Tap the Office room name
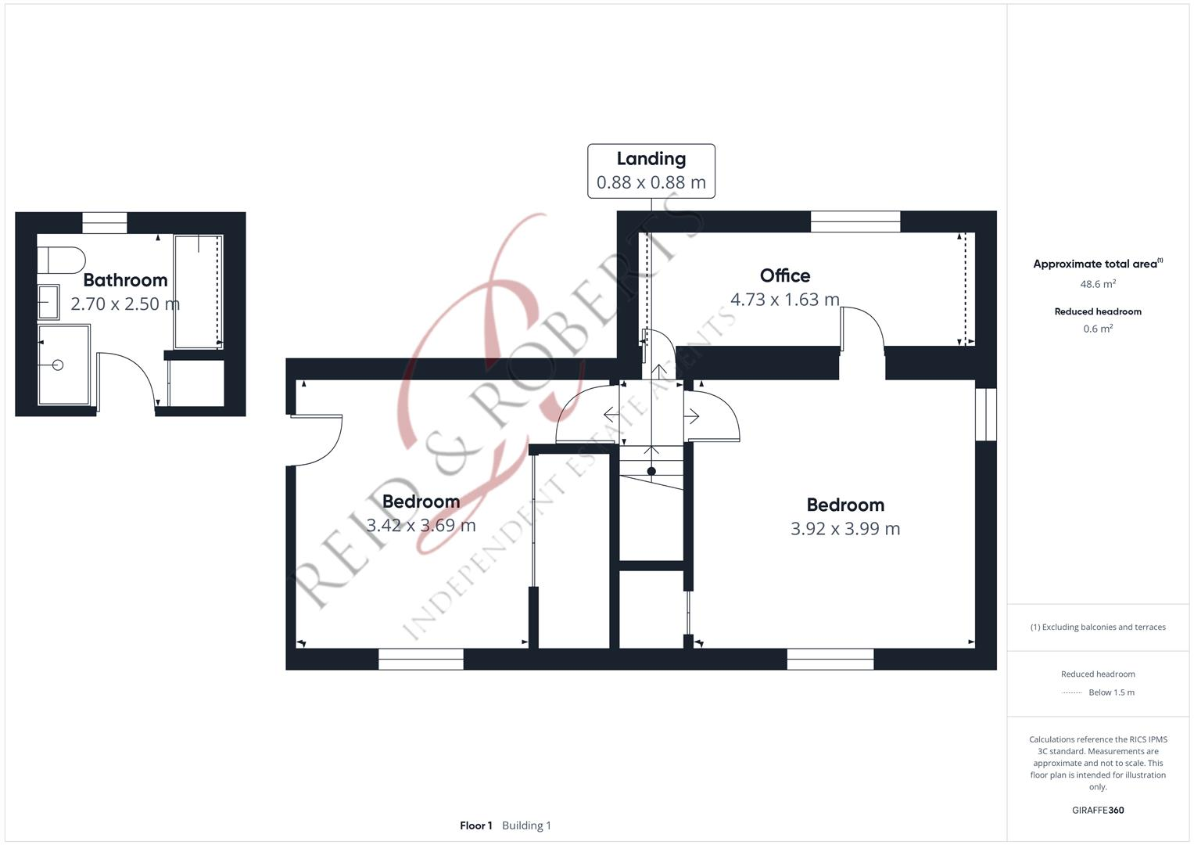coord(784,275)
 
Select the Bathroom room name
coord(125,280)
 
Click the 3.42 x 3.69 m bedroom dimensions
coord(421,525)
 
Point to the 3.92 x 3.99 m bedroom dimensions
coord(844,529)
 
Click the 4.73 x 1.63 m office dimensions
coord(784,300)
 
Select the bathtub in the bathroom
coord(198,291)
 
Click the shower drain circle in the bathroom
coord(57,365)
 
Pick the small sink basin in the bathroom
coord(47,302)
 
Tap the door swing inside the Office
coord(862,327)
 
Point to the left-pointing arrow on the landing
coord(610,414)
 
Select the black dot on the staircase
coord(651,471)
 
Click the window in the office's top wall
coord(855,221)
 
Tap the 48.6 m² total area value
coord(1097,284)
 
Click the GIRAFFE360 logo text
coord(1097,810)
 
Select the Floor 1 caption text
coord(475,825)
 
